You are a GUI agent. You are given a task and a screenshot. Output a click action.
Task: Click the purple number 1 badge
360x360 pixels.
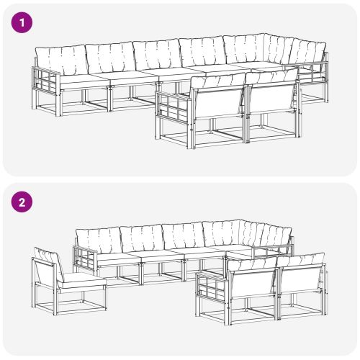23,23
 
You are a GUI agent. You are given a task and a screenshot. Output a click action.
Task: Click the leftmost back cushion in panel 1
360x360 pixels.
60,59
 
